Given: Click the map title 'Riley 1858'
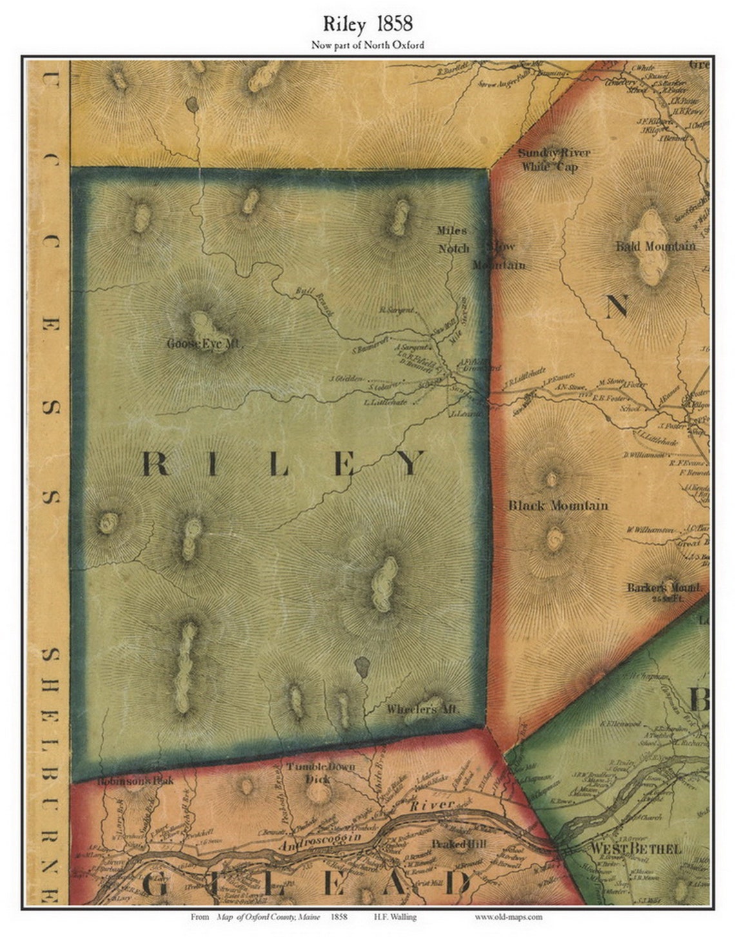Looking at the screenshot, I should pyautogui.click(x=367, y=25).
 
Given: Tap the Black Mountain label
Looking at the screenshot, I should pyautogui.click(x=558, y=505).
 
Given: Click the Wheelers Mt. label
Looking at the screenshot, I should pyautogui.click(x=422, y=709).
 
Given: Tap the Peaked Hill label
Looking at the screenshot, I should pyautogui.click(x=458, y=844).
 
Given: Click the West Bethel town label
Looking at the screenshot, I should pyautogui.click(x=635, y=849).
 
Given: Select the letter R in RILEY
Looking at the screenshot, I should pyautogui.click(x=155, y=464).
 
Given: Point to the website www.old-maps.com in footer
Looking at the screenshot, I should pyautogui.click(x=509, y=916).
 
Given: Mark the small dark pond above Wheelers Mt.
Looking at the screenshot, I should pyautogui.click(x=362, y=667).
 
